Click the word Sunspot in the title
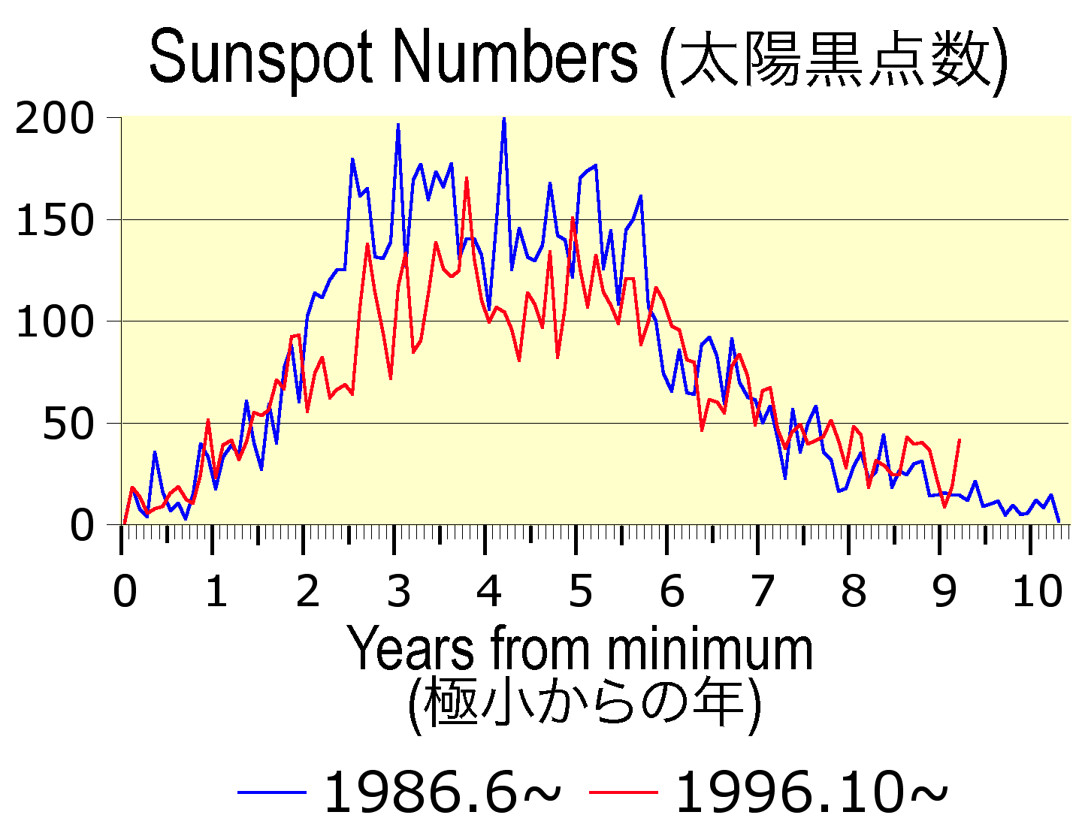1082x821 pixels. pyautogui.click(x=260, y=59)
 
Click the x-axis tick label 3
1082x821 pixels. pyautogui.click(x=398, y=591)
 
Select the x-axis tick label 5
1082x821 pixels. pyautogui.click(x=580, y=591)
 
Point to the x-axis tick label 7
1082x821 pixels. pyautogui.click(x=762, y=591)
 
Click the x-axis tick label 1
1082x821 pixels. pyautogui.click(x=216, y=591)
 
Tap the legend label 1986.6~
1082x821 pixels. pyautogui.click(x=442, y=793)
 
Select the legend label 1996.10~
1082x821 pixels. pyautogui.click(x=811, y=793)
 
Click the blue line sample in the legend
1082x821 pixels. pyautogui.click(x=271, y=792)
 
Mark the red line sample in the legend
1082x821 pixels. pyautogui.click(x=623, y=792)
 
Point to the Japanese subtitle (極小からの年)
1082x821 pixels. pyautogui.click(x=584, y=704)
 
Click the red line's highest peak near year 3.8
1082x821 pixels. pyautogui.click(x=467, y=179)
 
